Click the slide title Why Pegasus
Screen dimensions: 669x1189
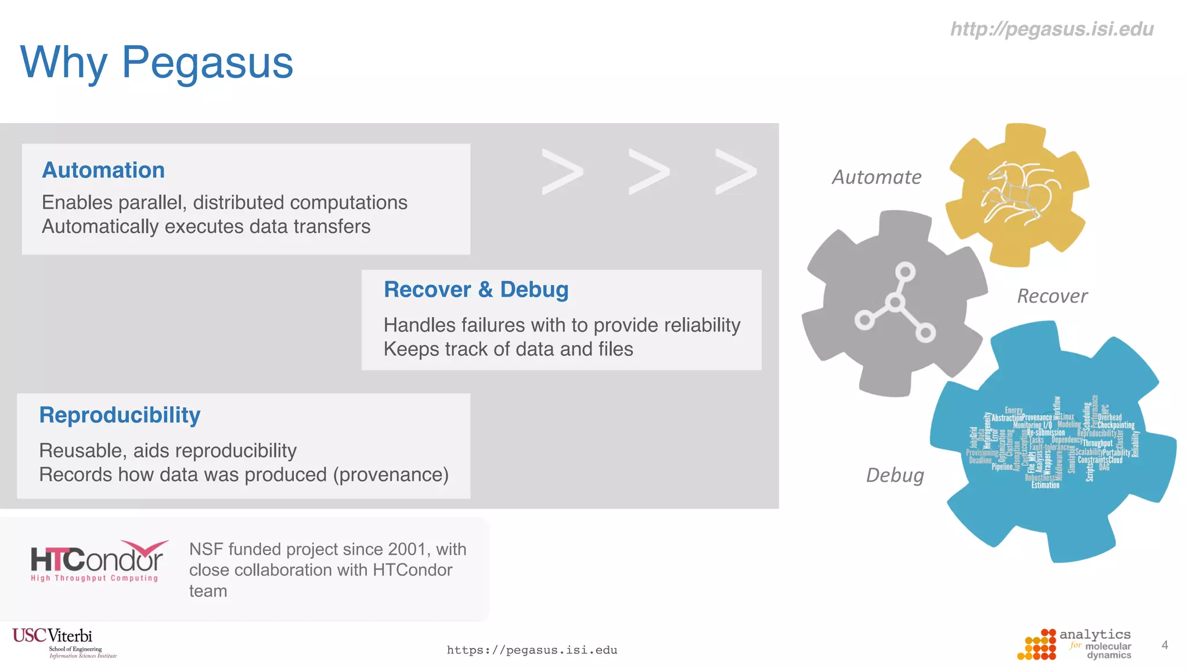click(x=157, y=63)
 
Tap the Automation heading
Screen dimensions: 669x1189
click(x=103, y=170)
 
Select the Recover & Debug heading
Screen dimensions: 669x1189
click(x=476, y=289)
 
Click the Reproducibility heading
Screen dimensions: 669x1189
click(x=120, y=415)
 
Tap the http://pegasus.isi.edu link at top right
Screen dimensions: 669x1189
click(x=1051, y=29)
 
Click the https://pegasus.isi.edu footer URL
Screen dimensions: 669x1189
click(x=532, y=650)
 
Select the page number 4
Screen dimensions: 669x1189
click(x=1164, y=645)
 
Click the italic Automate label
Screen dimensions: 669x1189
click(x=876, y=177)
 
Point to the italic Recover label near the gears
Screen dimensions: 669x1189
click(x=1052, y=296)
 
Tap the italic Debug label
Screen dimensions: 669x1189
click(x=895, y=475)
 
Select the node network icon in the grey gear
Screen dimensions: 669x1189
click(x=895, y=303)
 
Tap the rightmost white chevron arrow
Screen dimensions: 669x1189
click(x=735, y=172)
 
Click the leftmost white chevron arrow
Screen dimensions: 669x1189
click(x=561, y=172)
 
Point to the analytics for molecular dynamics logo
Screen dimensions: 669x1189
click(x=1074, y=645)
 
